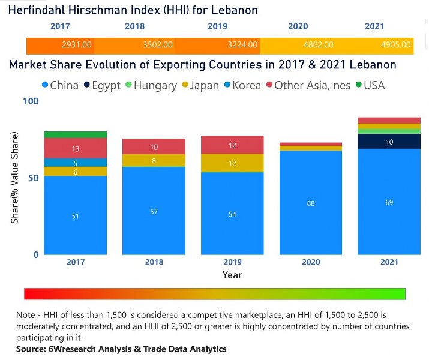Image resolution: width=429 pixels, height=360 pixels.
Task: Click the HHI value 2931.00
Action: pos(77,45)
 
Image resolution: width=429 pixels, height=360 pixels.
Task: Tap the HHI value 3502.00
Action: pos(158,45)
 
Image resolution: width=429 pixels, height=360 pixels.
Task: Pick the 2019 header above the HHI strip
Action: pos(217,26)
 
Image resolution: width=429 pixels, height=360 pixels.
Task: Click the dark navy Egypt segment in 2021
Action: pos(389,142)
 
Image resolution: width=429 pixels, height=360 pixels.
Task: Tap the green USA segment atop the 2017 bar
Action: pos(75,134)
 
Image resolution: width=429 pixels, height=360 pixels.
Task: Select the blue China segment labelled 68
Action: pos(310,203)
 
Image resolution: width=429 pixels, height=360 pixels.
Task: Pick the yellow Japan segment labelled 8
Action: pos(154,161)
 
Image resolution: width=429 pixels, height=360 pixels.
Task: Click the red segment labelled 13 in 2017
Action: pos(75,148)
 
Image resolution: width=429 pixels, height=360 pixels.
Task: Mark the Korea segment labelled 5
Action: pos(75,163)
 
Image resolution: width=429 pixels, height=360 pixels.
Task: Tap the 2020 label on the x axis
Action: pos(310,262)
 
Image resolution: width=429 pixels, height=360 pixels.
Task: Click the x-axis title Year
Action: pos(232,275)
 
